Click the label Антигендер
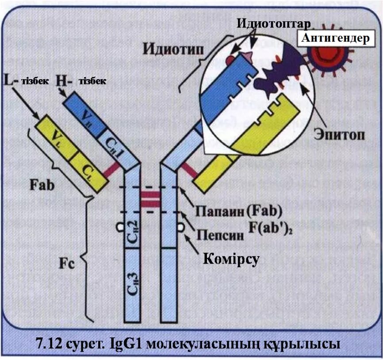point(335,38)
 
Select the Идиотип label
point(170,49)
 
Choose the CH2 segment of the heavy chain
point(134,230)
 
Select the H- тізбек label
point(81,81)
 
